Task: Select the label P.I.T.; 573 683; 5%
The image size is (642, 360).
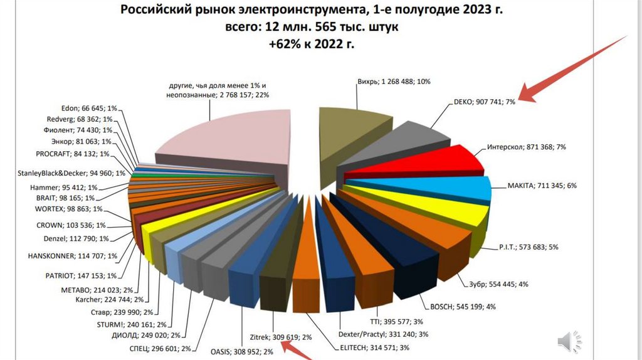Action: pyautogui.click(x=528, y=247)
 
